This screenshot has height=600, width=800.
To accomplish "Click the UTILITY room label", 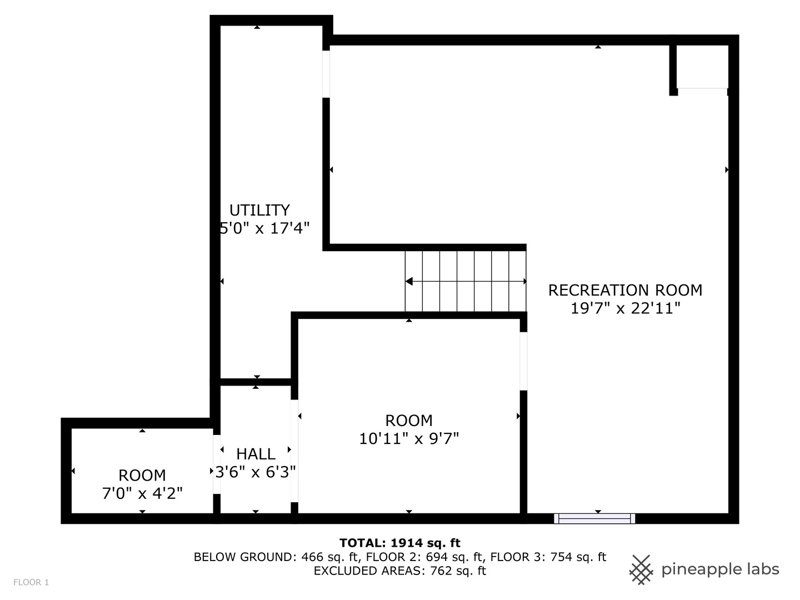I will [259, 210].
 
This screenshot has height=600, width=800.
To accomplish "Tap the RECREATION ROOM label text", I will [625, 290].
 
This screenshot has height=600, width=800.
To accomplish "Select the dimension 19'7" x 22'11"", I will [625, 308].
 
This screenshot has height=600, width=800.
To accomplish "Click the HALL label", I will [256, 454].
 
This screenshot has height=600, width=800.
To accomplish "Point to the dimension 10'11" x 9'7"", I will [409, 439].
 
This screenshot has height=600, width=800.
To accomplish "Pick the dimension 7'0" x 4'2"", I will [142, 493].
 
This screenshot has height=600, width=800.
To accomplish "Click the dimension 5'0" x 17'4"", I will [264, 228].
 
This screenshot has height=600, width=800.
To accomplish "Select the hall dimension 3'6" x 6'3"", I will [256, 472].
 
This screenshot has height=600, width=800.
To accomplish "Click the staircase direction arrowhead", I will [409, 282].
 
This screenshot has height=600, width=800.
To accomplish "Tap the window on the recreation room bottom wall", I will [594, 518].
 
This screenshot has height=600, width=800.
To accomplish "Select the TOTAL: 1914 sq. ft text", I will [399, 543].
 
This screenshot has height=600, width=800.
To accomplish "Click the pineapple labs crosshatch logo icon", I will [641, 569].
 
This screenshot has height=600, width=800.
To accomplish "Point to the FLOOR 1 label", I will [31, 582].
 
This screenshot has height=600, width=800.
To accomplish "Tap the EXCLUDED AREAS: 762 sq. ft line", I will [399, 571].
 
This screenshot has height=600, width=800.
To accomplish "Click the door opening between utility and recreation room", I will [326, 74].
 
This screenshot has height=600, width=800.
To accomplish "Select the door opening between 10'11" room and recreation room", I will [523, 361].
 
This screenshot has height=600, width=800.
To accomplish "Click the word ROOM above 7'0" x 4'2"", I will [142, 476].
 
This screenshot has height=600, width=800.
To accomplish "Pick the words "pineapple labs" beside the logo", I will [720, 569].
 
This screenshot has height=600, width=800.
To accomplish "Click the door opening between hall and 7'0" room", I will [217, 464].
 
